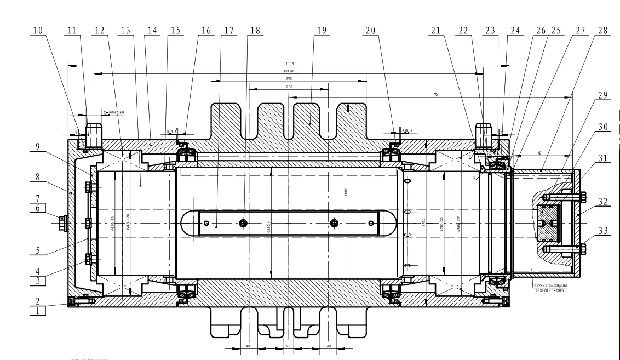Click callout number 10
tap(37, 31)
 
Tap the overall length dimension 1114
tap(289, 64)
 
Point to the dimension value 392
tap(289, 79)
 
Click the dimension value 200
tap(289, 87)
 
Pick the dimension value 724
tap(436, 95)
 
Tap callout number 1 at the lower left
tap(38, 311)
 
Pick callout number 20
tap(370, 31)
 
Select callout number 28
tap(602, 31)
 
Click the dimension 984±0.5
tap(289, 71)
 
